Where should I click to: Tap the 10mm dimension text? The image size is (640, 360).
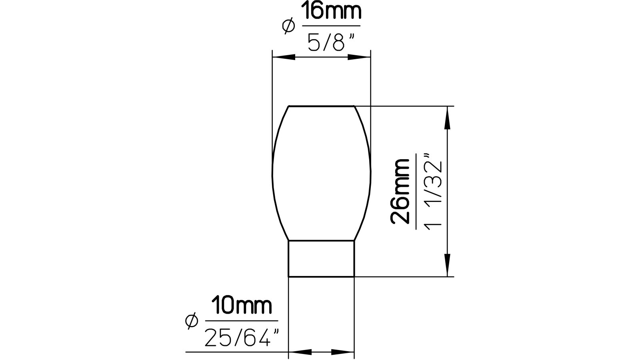point(242,306)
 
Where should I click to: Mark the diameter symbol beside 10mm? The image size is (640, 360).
point(192,321)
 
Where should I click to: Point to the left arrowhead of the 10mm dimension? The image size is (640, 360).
point(300,352)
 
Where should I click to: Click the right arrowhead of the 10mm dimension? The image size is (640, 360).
point(342,352)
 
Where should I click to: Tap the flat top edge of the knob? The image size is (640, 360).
point(321,106)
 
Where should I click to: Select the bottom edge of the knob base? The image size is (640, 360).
point(321,276)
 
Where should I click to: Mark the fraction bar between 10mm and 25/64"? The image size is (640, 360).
point(242,320)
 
